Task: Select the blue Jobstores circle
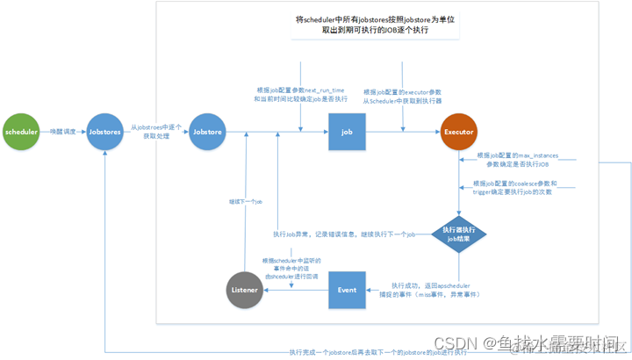(104, 133)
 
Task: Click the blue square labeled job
(347, 133)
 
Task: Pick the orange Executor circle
(458, 133)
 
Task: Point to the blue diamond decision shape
(458, 234)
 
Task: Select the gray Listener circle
(245, 290)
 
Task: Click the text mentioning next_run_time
(300, 95)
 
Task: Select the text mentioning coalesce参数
(516, 188)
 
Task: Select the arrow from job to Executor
(403, 133)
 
